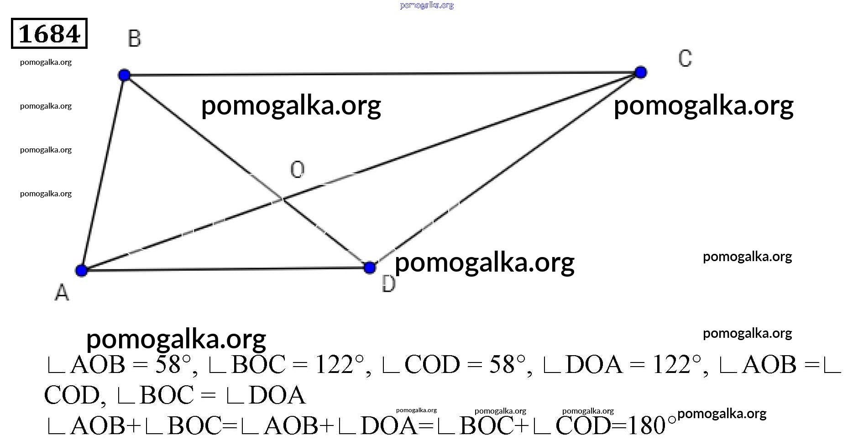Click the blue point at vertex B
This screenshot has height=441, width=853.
coord(124,75)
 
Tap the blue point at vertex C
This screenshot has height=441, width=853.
coord(641,72)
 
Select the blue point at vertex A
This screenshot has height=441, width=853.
coord(82,270)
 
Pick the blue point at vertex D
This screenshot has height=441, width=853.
coord(370,268)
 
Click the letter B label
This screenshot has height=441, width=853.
coord(135,39)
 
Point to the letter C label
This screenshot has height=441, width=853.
coord(685,58)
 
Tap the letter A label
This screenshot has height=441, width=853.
coord(62,292)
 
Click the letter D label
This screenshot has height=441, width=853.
coord(388,284)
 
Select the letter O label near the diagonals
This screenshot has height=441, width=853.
coord(297,170)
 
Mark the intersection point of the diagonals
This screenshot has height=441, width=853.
coord(283,199)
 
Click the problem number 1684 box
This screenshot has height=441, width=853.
coord(49,33)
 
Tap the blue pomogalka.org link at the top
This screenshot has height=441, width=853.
coord(427,5)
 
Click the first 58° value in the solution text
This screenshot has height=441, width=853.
coord(173,365)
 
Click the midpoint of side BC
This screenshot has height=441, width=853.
coord(382,73)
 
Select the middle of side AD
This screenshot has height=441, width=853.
coord(225,269)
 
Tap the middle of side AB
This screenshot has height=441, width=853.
coord(103,173)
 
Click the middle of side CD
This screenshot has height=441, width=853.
coord(505,170)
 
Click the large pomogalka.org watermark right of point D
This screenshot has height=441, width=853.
coord(484,263)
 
